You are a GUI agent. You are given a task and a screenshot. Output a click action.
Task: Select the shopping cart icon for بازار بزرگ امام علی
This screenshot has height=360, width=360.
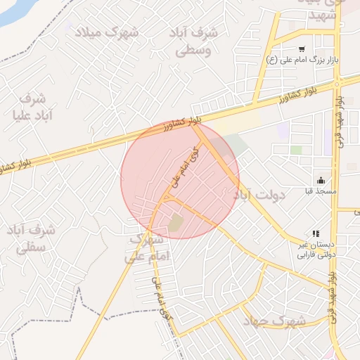pyautogui.click(x=302, y=49)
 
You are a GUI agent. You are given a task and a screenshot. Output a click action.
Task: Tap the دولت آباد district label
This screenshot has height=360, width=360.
pyautogui.click(x=261, y=194)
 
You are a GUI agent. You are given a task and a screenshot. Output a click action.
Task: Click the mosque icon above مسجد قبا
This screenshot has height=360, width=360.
pyautogui.click(x=321, y=180)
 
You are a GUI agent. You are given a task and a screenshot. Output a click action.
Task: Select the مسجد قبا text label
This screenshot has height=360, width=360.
pyautogui.click(x=321, y=191)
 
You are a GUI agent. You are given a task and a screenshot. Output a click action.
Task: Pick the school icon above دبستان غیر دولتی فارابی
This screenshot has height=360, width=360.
pyautogui.click(x=316, y=233)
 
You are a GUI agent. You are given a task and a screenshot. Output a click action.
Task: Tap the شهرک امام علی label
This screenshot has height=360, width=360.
pyautogui.click(x=148, y=249)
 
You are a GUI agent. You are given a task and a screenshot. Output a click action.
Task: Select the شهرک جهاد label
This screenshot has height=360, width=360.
pyautogui.click(x=274, y=321)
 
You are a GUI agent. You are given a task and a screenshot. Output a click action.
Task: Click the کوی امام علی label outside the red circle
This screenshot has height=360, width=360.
pyautogui.click(x=159, y=295)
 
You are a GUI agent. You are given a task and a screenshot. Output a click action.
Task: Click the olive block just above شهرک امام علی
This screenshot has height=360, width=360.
pyautogui.click(x=175, y=224)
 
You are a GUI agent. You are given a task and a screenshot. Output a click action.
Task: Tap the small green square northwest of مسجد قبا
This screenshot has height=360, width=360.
pyautogui.click(x=296, y=150)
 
